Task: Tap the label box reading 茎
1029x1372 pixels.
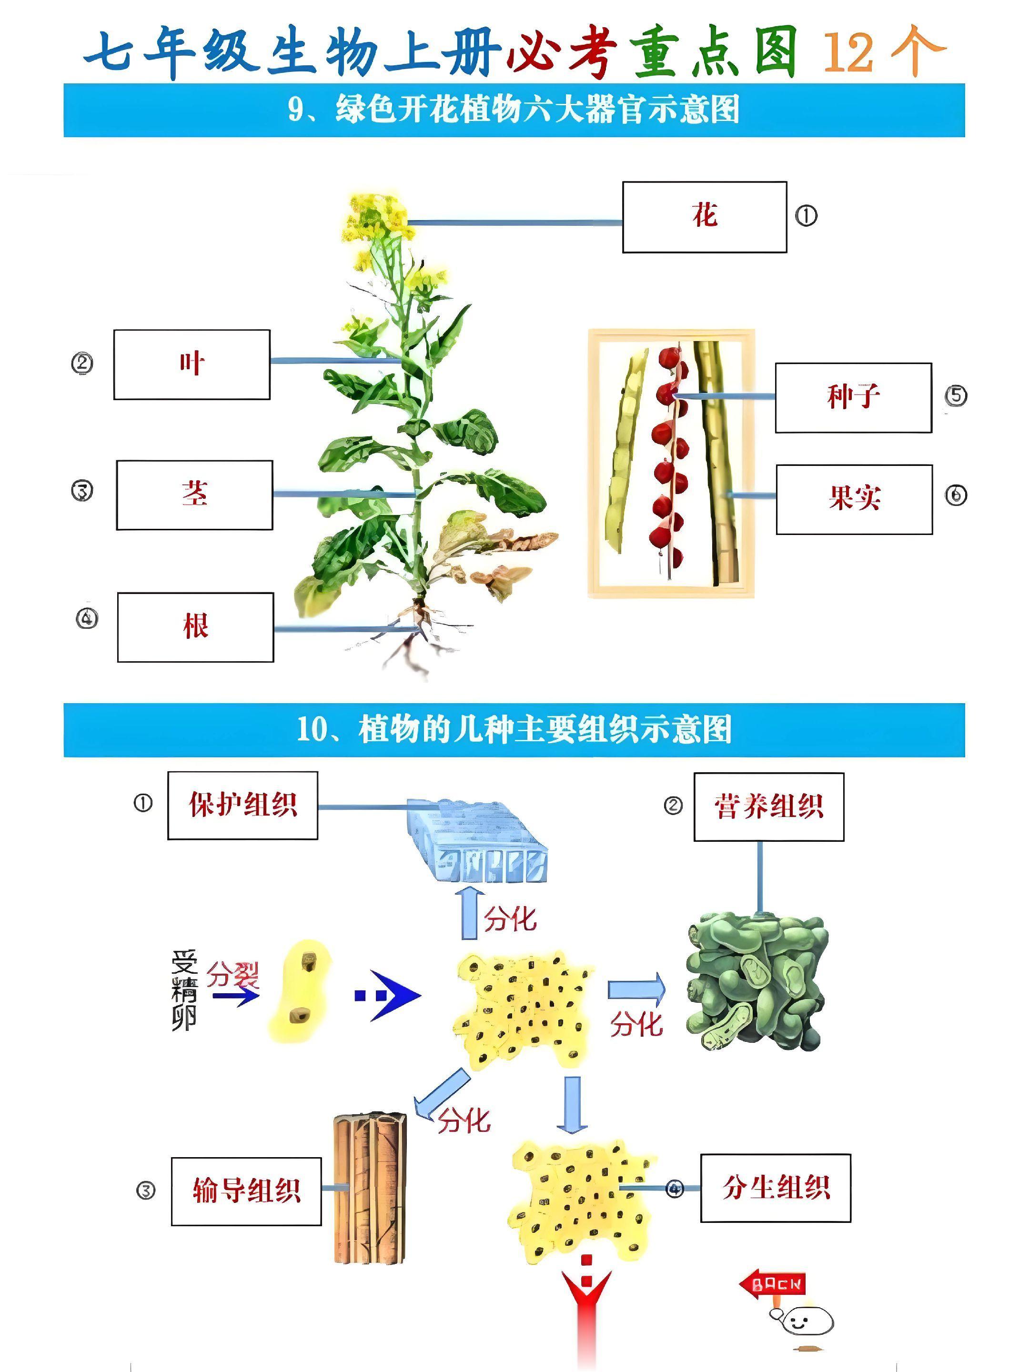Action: (x=194, y=494)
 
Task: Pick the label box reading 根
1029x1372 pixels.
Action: (x=195, y=626)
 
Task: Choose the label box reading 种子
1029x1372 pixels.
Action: (x=853, y=398)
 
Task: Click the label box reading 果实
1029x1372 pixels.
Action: (x=854, y=499)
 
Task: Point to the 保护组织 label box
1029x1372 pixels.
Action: (x=242, y=805)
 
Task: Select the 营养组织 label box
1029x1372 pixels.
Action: (x=768, y=807)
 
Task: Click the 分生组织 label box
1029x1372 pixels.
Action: (x=775, y=1188)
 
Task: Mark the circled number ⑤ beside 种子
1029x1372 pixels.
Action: (x=956, y=396)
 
